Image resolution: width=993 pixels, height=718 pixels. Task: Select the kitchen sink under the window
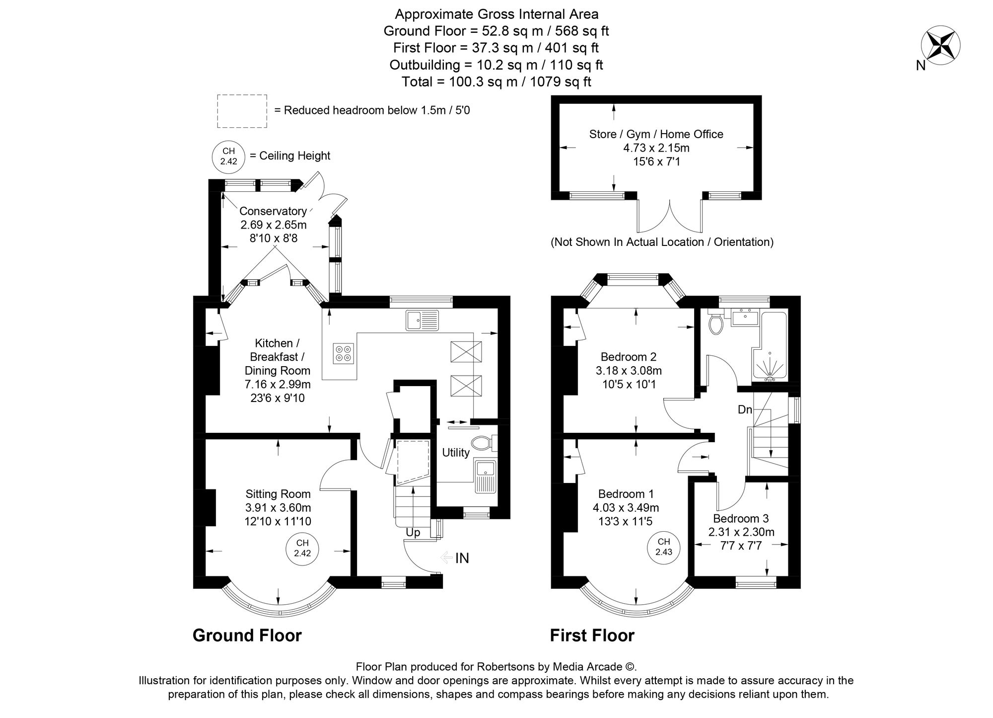click(422, 320)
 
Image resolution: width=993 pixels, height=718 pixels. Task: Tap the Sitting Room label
click(278, 494)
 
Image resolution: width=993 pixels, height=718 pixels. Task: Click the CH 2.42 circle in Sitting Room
click(302, 548)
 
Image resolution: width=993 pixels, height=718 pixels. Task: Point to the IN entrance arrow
click(455, 558)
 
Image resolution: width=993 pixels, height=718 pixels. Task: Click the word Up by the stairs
click(413, 533)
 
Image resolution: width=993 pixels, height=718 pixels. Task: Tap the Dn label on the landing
click(745, 410)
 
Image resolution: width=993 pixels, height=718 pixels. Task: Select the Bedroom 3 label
click(741, 518)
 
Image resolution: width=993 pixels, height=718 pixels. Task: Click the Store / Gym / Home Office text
click(656, 134)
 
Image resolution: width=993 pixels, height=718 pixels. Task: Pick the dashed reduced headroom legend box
click(242, 110)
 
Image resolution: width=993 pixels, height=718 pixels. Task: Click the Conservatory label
click(273, 211)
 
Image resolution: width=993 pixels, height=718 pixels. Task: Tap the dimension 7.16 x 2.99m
click(277, 384)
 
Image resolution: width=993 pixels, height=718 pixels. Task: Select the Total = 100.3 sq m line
click(496, 82)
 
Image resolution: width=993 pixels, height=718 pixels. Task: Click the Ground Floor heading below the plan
click(247, 636)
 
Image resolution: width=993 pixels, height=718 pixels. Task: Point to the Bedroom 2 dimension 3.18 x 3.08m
click(629, 371)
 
